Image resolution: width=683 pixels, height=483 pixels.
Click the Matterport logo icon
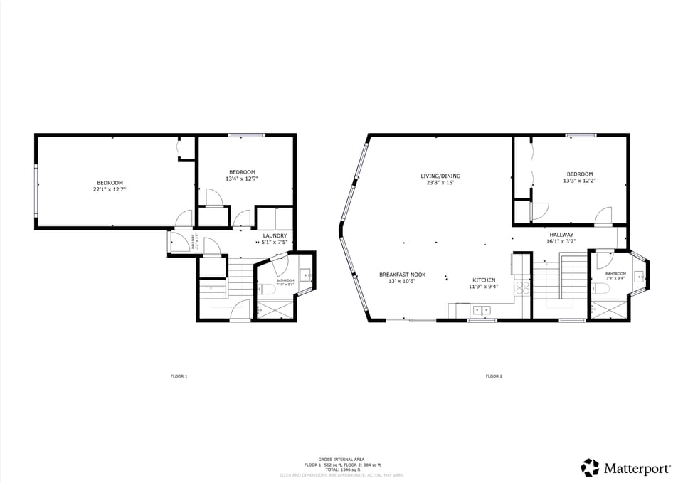[590, 467]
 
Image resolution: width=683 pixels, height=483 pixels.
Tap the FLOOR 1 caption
[179, 376]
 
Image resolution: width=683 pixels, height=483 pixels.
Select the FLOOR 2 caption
[494, 376]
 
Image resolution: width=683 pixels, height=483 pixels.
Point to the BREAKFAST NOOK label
[402, 274]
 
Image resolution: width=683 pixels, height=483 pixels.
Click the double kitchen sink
[482, 309]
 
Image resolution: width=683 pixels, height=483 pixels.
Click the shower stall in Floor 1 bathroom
[275, 310]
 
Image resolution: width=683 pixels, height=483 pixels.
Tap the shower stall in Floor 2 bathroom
[608, 310]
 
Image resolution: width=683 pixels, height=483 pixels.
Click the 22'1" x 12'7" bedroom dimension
[110, 190]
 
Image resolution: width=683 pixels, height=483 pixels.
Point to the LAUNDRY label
[275, 235]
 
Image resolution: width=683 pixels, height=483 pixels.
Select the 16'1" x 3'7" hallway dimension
[561, 241]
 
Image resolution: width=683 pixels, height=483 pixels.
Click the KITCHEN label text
[484, 280]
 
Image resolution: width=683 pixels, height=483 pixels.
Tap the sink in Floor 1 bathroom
[305, 275]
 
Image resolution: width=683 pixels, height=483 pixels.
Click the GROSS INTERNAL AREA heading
[341, 460]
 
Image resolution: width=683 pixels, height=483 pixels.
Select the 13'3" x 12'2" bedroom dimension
[579, 181]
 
